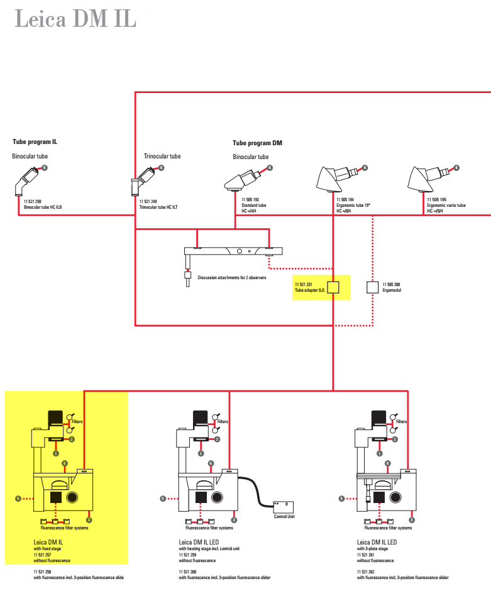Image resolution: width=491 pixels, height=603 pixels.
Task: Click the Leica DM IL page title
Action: coord(75,19)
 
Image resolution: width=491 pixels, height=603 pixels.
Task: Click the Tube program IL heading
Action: coord(35,141)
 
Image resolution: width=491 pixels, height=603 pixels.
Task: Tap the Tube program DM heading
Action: coord(257,143)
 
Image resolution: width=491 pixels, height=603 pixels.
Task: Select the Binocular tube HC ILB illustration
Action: coord(26,181)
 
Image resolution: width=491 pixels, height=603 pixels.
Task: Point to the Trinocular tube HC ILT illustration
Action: coord(143,181)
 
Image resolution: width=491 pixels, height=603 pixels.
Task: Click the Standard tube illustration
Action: coord(242,180)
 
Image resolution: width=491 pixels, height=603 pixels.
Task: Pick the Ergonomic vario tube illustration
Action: coord(428,179)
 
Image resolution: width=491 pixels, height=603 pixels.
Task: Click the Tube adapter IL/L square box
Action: coord(333,287)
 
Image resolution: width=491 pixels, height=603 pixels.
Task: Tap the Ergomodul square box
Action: coord(372,287)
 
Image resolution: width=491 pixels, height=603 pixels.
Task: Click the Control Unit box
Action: coord(283,507)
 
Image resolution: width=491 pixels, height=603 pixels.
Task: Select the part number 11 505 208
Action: coord(391,285)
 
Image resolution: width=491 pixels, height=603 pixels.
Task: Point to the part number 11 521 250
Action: coord(32,201)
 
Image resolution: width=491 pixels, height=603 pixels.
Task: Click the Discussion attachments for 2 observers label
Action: coord(232,277)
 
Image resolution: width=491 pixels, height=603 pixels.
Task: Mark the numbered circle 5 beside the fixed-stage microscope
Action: coord(18,499)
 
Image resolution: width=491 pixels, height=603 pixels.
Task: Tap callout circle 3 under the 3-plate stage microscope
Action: coord(412,520)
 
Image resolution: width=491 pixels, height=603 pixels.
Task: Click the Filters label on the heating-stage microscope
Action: coord(223,421)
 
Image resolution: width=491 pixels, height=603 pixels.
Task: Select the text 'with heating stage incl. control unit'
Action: coord(209,549)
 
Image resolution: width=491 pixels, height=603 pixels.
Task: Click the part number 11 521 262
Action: coord(365,572)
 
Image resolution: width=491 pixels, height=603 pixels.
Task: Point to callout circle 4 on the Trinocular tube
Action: coord(161,168)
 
